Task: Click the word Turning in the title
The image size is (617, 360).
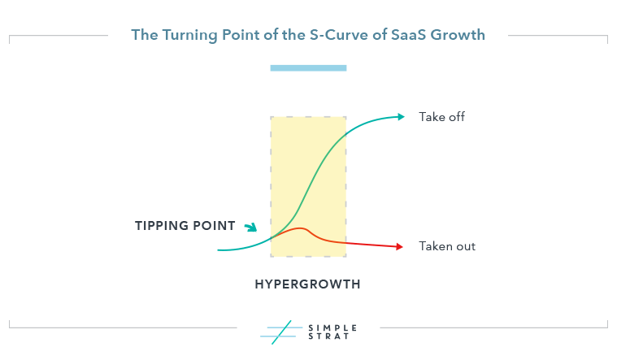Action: tap(189, 36)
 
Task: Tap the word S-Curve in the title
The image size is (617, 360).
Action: tap(341, 35)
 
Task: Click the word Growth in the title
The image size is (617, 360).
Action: tap(458, 35)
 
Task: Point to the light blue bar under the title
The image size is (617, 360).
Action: tap(308, 68)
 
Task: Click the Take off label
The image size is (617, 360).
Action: tap(441, 117)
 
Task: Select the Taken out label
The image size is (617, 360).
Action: tap(447, 246)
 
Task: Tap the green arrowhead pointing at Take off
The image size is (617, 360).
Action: tap(401, 116)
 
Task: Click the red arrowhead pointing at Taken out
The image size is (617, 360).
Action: tap(399, 247)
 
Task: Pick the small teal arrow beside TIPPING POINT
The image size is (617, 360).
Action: tap(251, 227)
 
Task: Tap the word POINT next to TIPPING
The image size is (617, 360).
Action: tap(209, 226)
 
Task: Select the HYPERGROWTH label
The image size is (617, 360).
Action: tap(308, 284)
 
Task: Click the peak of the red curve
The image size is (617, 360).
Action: tap(301, 228)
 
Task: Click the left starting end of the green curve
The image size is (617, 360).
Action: tap(219, 250)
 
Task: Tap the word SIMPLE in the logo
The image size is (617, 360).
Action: tap(332, 327)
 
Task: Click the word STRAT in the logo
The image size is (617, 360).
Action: tap(329, 336)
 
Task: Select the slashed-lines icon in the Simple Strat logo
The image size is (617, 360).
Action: tap(281, 332)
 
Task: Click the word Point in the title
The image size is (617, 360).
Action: tap(241, 35)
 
